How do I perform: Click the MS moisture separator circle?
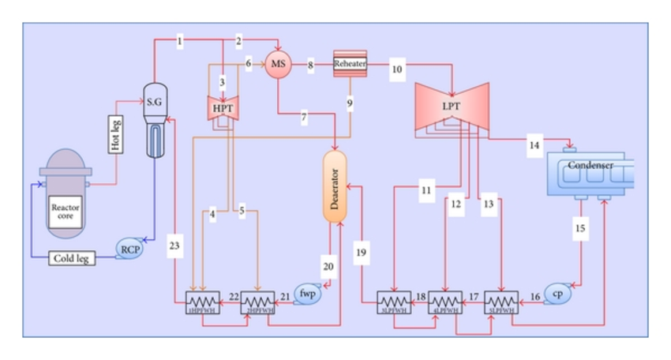coord(278,64)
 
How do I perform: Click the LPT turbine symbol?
coord(452,105)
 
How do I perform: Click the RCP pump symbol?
coord(129,249)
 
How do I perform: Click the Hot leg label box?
coord(115,133)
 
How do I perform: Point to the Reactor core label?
coord(66,212)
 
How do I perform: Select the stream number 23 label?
coord(175,246)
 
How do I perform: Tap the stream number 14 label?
coord(535,144)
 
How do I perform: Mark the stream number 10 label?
coord(397,69)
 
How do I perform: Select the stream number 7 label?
coord(303,118)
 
